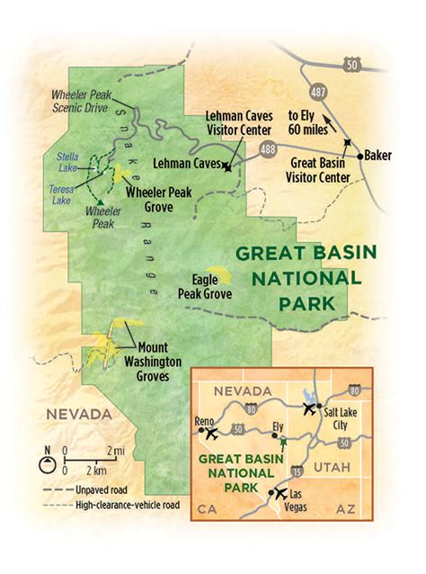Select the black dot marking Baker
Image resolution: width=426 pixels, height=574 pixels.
(359, 156)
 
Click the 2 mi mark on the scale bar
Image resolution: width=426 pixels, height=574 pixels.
(115, 451)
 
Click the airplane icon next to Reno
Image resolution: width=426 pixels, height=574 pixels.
(212, 433)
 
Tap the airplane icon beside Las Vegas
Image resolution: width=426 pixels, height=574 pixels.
(280, 494)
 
